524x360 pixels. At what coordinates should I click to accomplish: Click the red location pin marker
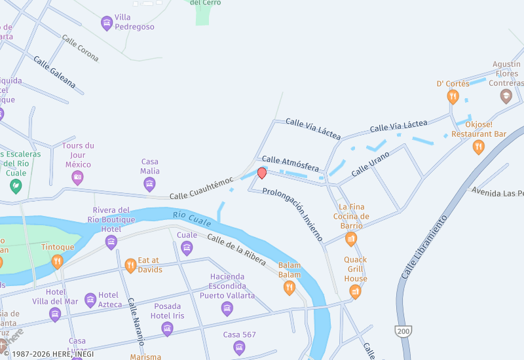tap(261, 173)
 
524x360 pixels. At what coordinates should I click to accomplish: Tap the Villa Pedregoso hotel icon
tap(107, 24)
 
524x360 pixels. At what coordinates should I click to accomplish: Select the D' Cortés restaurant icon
tap(453, 97)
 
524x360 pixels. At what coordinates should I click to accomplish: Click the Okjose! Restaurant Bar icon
tap(479, 147)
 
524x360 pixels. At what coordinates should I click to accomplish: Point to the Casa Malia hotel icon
tap(149, 184)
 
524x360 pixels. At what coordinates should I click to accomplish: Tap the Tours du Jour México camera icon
tap(77, 177)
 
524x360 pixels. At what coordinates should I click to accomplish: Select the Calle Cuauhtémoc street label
tap(201, 188)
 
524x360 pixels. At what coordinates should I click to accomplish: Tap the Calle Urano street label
tap(371, 164)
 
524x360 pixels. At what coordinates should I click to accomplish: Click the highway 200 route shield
tap(403, 332)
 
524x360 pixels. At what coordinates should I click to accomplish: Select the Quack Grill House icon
tap(356, 291)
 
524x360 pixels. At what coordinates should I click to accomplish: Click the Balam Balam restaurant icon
tap(290, 287)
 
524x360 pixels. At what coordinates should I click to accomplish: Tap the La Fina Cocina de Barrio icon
tap(351, 238)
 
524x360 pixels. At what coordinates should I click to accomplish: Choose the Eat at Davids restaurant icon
tap(130, 265)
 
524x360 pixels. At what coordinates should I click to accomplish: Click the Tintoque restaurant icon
tap(58, 262)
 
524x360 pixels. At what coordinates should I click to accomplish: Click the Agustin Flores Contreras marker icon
tap(506, 97)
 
